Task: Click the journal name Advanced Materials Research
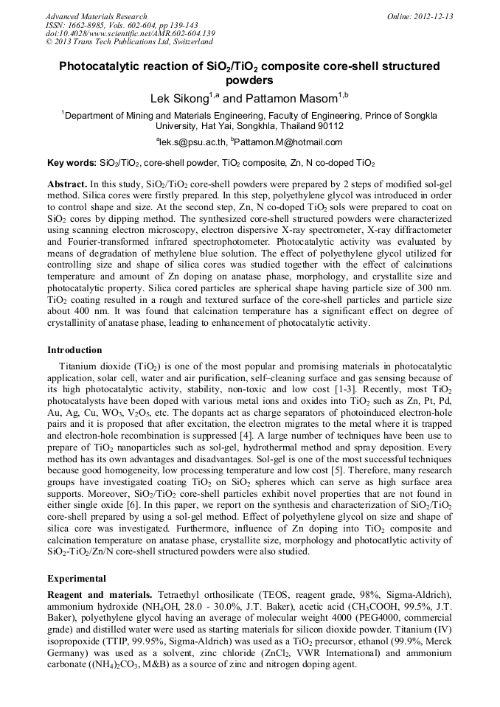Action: pos(96,16)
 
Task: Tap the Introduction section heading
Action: pos(74,350)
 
